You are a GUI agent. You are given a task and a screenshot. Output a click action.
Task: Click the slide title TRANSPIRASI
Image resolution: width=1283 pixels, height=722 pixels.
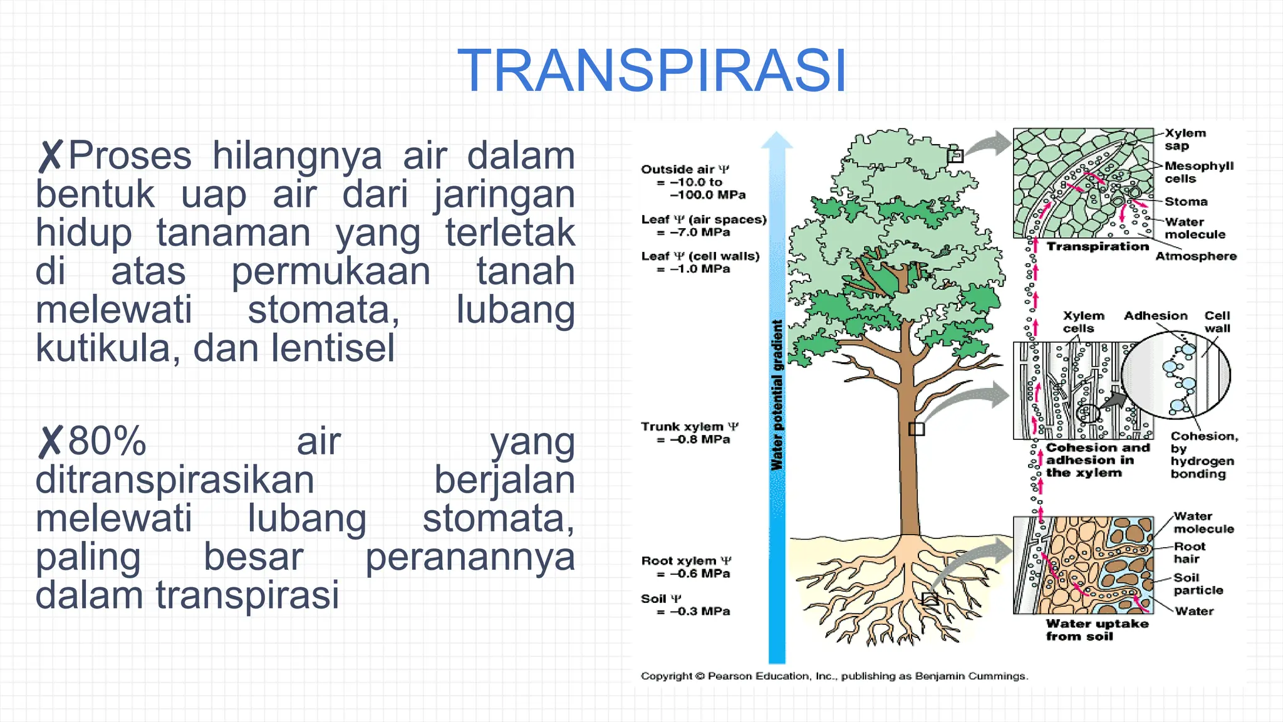[x=652, y=71]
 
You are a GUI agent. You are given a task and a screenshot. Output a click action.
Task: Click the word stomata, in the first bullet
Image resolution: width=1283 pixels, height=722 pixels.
[x=323, y=310]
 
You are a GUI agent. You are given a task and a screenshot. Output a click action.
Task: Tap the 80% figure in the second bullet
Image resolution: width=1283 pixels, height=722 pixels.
[x=107, y=441]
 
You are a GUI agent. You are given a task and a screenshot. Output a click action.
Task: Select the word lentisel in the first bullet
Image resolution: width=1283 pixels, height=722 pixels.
[x=333, y=348]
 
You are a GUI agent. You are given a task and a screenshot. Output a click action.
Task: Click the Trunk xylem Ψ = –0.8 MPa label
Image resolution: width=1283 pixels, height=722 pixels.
[x=689, y=433]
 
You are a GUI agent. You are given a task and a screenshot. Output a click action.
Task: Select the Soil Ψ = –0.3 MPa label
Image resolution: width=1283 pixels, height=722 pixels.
[x=685, y=605]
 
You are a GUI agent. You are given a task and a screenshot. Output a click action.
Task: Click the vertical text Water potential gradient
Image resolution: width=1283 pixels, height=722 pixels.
[x=777, y=395]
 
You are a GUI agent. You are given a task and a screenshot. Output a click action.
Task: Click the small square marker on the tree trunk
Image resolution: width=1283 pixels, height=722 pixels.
[x=916, y=429]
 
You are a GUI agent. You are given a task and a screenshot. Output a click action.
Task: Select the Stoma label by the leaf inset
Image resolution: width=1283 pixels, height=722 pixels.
[x=1185, y=202]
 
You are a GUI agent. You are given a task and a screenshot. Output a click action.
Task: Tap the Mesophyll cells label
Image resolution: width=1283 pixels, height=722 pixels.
[x=1198, y=172]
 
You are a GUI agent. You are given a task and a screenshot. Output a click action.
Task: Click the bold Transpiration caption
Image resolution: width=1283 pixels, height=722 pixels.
[x=1098, y=246]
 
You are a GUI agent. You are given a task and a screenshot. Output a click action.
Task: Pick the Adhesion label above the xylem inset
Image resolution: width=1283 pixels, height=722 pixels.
[x=1155, y=316]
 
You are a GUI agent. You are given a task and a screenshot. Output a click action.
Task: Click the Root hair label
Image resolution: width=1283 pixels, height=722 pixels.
[x=1188, y=553]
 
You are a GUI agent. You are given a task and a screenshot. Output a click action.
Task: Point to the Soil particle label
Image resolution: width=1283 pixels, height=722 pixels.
[x=1197, y=584]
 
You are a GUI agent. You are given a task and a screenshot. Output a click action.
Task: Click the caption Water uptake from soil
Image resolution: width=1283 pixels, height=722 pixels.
[x=1096, y=630]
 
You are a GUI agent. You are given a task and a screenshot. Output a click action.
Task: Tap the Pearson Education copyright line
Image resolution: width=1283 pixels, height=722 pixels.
[x=834, y=676]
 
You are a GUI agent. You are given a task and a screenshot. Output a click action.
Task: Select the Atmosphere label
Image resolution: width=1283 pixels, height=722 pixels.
[x=1195, y=256]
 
